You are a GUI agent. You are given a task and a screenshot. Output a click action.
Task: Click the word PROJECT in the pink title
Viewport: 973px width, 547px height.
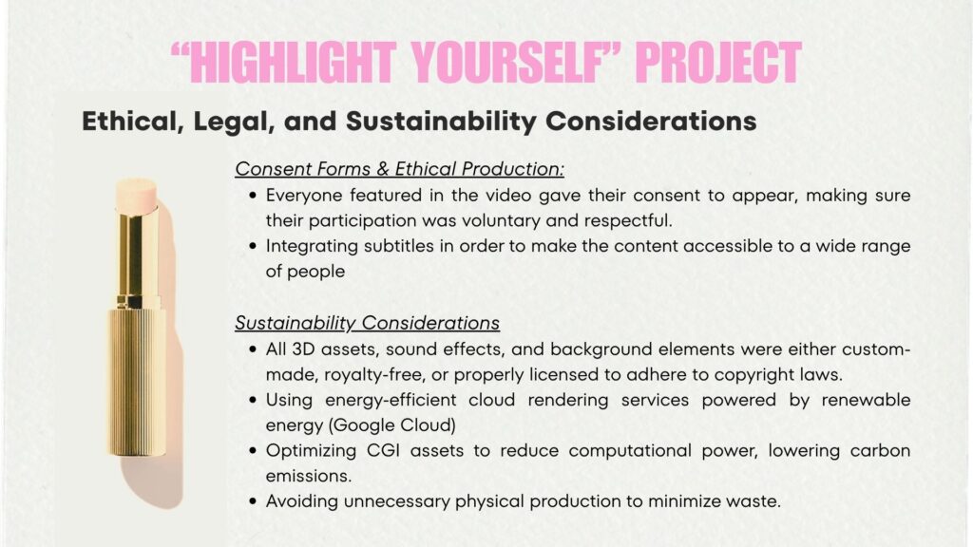coord(718,62)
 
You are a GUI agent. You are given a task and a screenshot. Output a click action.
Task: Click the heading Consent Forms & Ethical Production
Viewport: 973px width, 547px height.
coord(400,169)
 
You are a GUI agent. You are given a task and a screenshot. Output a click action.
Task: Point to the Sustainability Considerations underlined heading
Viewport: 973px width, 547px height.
coord(368,323)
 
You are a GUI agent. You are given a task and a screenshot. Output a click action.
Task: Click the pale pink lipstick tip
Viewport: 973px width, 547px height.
coord(136,195)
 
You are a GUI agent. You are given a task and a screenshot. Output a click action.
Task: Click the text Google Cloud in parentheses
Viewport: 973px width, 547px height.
coord(392,425)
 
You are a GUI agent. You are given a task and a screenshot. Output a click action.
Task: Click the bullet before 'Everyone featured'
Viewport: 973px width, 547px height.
coord(253,196)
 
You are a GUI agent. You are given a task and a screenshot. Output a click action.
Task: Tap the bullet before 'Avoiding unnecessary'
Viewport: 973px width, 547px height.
coord(253,501)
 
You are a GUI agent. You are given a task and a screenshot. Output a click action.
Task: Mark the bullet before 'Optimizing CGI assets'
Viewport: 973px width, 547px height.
coord(253,450)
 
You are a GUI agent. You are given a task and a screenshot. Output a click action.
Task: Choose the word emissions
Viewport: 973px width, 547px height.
coord(307,477)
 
